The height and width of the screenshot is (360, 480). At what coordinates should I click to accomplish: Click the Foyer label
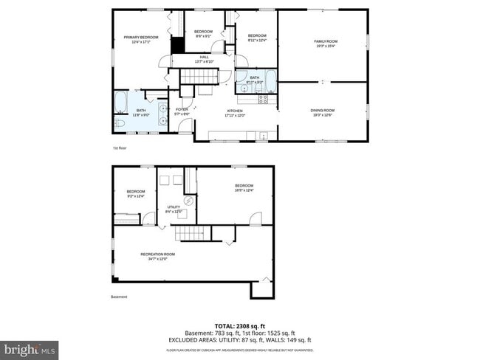click(182, 111)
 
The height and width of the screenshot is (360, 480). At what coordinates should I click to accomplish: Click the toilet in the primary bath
click(120, 123)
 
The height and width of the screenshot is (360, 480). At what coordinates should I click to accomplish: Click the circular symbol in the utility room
click(188, 201)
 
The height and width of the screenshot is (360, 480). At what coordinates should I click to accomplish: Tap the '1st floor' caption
click(120, 148)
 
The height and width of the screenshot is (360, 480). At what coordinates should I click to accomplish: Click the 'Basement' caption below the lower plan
click(120, 297)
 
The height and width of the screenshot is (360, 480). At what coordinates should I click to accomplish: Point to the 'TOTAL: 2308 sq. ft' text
click(241, 325)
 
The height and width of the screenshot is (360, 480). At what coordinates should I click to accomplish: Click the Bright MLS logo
click(30, 347)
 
